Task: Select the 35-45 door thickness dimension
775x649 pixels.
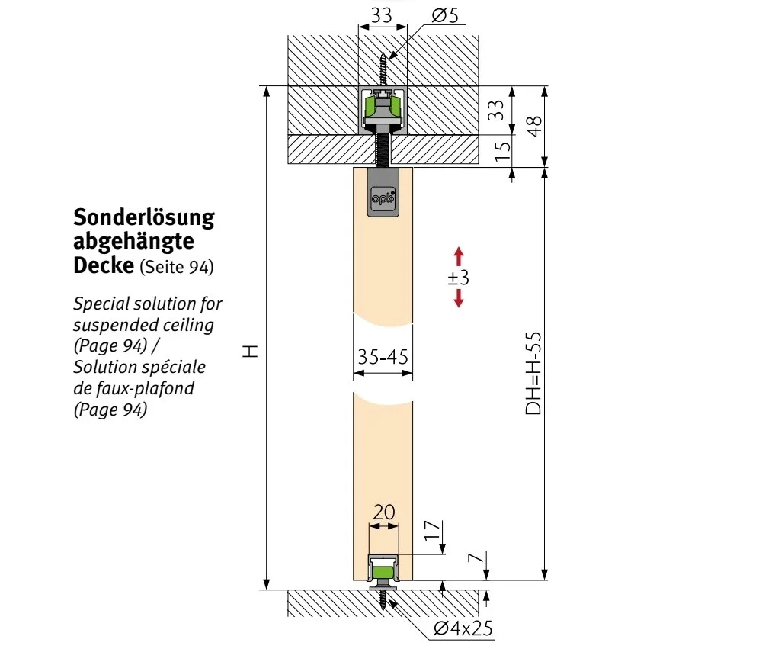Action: (382, 357)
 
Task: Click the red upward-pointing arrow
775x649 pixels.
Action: (458, 255)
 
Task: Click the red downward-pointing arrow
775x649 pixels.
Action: (458, 298)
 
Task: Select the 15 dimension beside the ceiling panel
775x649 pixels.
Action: (501, 150)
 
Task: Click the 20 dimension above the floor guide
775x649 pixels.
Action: (383, 511)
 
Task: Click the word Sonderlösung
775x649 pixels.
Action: (144, 218)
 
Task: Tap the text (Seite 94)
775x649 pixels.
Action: (176, 268)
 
